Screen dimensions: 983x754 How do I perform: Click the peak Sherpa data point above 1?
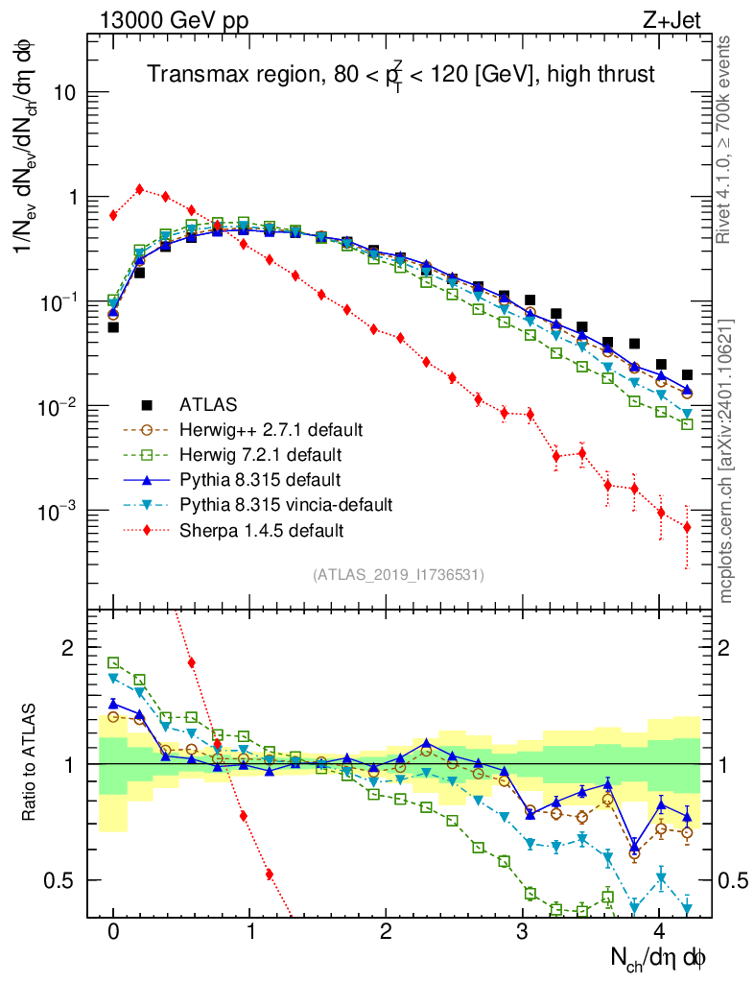pyautogui.click(x=140, y=189)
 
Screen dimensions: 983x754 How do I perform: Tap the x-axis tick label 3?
pyautogui.click(x=523, y=932)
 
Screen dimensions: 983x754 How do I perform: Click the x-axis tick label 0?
pyautogui.click(x=113, y=932)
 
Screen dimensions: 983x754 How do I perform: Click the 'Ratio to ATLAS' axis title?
pyautogui.click(x=31, y=762)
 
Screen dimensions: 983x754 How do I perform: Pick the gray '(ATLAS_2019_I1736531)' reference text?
pyautogui.click(x=398, y=575)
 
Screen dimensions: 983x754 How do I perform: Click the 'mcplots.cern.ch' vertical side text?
pyautogui.click(x=726, y=461)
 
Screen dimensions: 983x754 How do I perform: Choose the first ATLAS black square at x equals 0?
pyautogui.click(x=113, y=327)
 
